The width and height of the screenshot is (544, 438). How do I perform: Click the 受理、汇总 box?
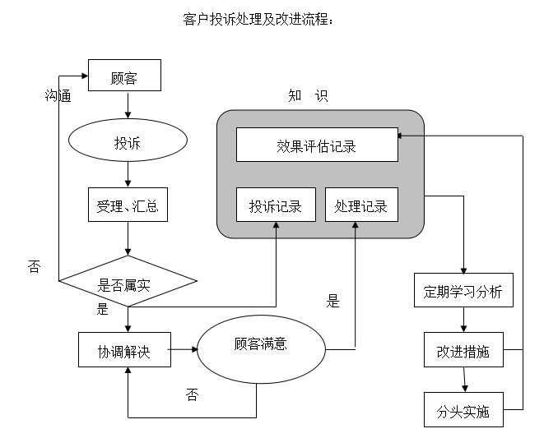click(x=128, y=205)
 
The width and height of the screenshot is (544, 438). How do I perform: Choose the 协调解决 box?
click(x=124, y=353)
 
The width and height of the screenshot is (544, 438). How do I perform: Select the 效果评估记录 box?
click(x=317, y=145)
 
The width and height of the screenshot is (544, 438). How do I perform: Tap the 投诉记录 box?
click(x=276, y=205)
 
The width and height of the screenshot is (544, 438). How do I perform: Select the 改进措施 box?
click(x=463, y=351)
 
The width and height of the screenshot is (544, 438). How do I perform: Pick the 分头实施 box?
click(x=463, y=410)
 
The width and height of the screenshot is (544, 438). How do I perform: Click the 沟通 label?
click(x=58, y=95)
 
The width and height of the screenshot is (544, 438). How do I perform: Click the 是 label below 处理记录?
click(x=332, y=301)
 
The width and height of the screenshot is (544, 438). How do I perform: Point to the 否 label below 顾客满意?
click(x=192, y=395)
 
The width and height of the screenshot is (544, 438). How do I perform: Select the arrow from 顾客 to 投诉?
click(x=128, y=105)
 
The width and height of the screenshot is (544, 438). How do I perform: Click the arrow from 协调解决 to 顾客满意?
click(x=183, y=352)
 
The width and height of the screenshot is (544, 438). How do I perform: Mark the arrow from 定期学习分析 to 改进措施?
click(x=464, y=320)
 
